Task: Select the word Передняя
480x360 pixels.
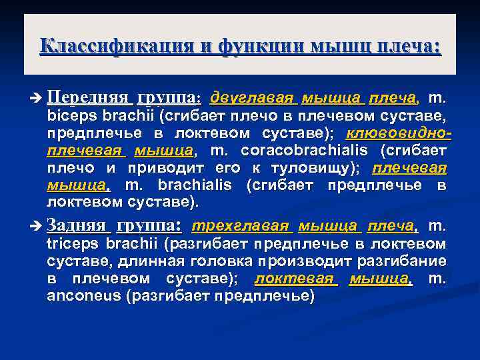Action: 88,99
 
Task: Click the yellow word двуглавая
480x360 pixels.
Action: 252,99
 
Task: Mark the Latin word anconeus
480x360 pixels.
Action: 83,295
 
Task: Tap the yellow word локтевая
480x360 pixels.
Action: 296,278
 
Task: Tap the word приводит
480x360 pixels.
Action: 157,167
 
